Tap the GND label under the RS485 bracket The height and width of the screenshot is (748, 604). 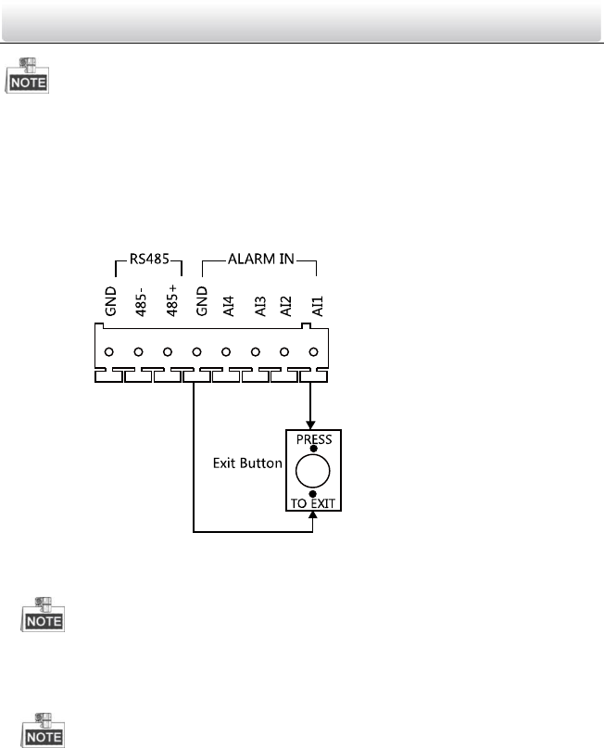110,303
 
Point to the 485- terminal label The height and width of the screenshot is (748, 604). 139,301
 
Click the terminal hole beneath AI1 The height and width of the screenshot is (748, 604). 314,352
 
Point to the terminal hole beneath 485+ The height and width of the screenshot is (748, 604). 168,352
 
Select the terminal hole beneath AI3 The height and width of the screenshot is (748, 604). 256,352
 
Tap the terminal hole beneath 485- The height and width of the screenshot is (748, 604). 138,352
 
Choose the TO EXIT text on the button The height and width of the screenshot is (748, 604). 313,506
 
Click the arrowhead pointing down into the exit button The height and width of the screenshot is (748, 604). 313,423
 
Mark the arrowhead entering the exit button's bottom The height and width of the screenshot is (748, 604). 313,521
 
